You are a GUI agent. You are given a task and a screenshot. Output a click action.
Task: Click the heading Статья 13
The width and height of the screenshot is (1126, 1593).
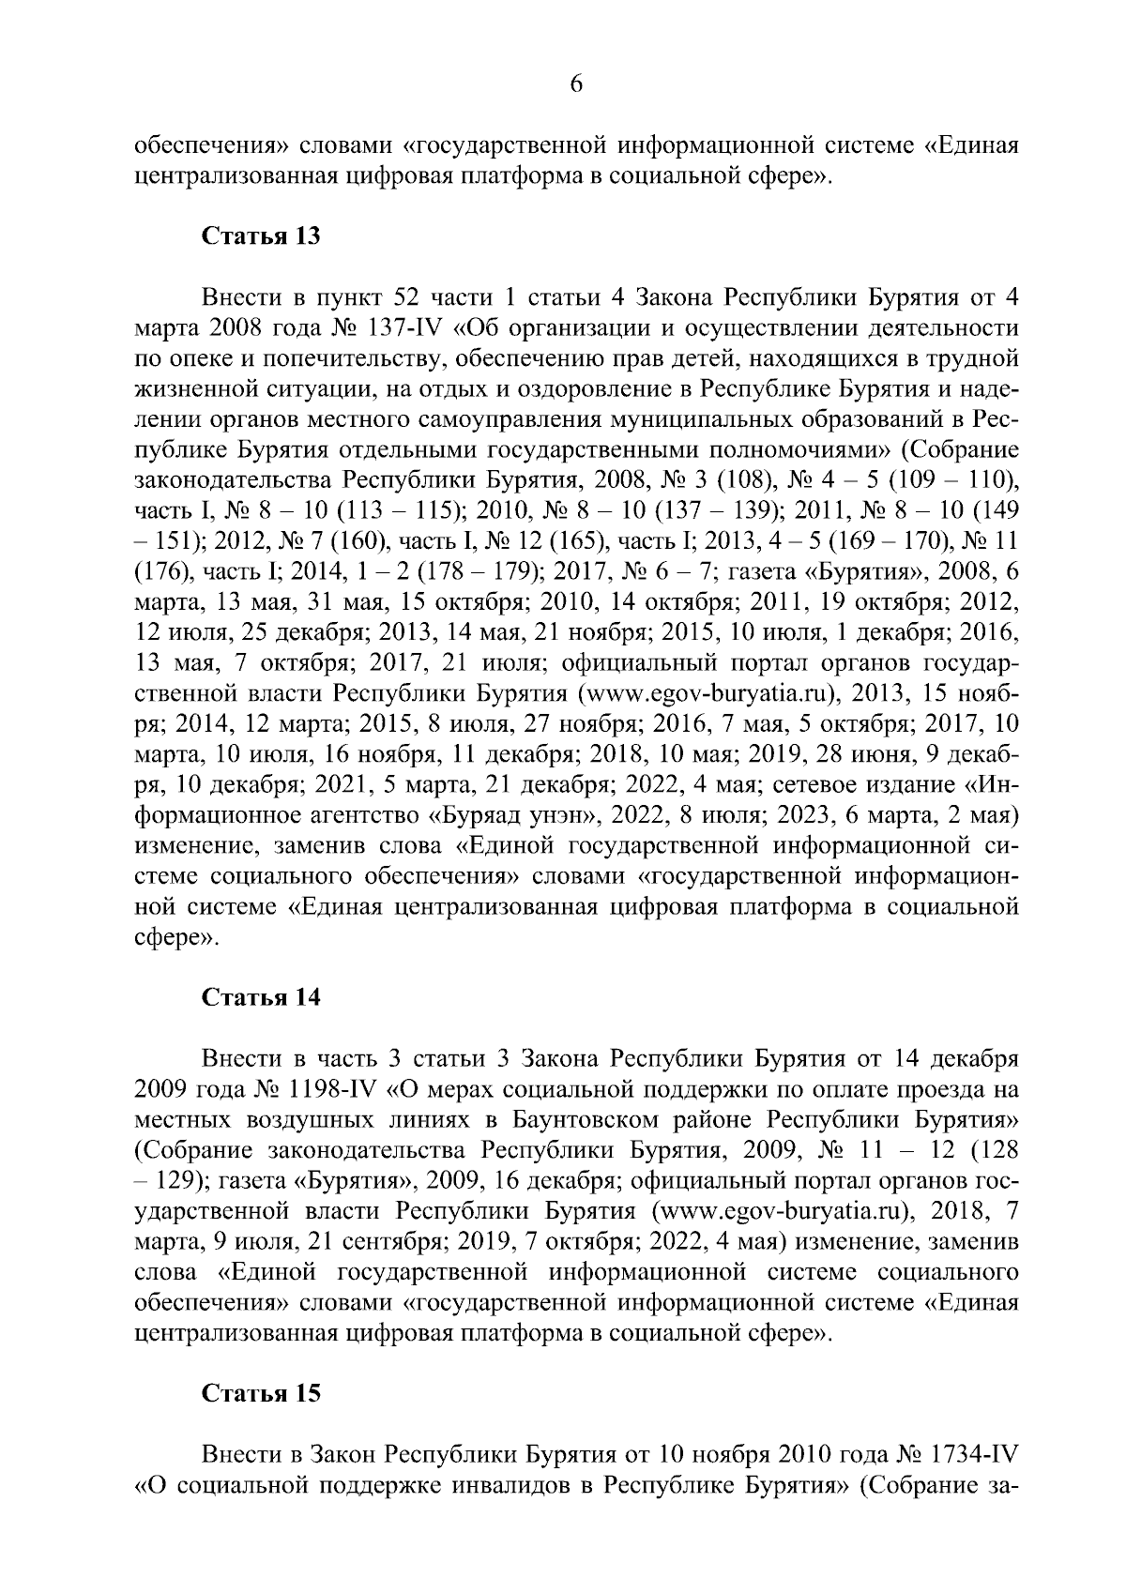point(262,236)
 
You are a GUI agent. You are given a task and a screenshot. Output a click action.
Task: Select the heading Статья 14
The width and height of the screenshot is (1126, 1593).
point(262,996)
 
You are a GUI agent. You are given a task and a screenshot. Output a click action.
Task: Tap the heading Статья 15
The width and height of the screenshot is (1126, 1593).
point(262,1393)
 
